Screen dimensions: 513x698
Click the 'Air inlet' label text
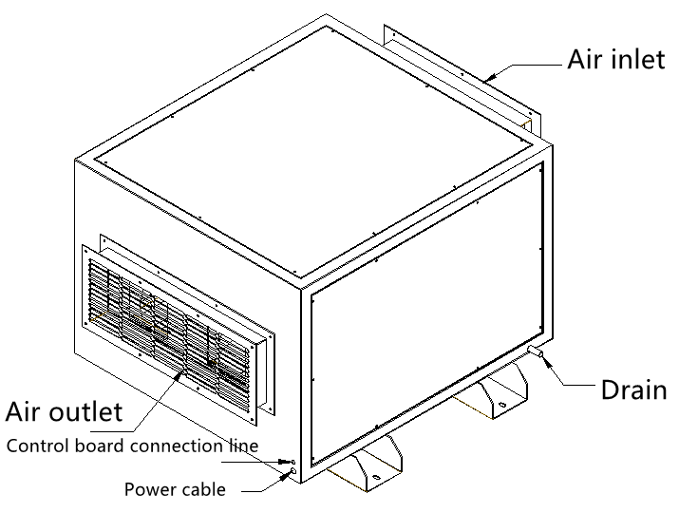tap(615, 59)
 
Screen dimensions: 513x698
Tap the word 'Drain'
tap(633, 389)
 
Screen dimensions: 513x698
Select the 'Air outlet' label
tap(65, 411)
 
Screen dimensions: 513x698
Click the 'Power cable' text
tap(175, 490)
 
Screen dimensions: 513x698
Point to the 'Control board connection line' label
tap(132, 445)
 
